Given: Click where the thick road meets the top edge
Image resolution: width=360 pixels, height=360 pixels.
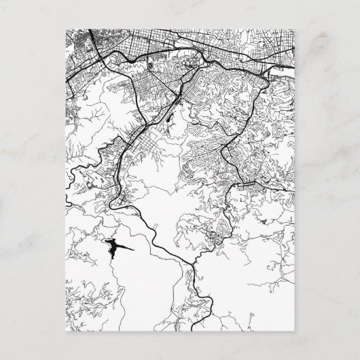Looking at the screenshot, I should point(91,29).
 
